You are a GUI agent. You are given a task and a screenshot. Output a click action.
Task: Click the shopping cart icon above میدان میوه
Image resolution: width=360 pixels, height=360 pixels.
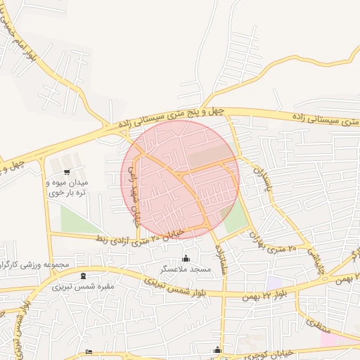pyautogui.click(x=66, y=171)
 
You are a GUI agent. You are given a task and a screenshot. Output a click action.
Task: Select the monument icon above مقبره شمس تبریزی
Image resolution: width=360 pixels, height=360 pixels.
pyautogui.click(x=84, y=275)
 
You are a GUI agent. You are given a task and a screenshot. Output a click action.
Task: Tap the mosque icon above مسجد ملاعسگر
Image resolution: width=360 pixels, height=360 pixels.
pyautogui.click(x=186, y=257)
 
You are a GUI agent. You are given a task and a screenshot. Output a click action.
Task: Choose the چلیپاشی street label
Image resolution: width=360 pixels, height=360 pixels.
pyautogui.click(x=318, y=255)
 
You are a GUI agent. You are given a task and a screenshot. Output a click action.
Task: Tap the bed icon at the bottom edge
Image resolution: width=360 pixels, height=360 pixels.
pyautogui.click(x=88, y=352)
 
